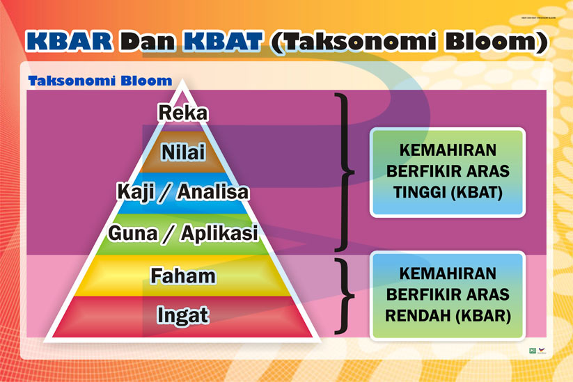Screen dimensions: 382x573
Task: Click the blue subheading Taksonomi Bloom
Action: pyautogui.click(x=100, y=81)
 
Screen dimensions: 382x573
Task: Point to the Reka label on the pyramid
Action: pyautogui.click(x=183, y=112)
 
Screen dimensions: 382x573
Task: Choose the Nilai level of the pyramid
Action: pyautogui.click(x=183, y=152)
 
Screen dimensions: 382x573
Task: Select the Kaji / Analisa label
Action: pyautogui.click(x=183, y=191)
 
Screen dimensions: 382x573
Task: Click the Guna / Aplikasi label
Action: pyautogui.click(x=183, y=234)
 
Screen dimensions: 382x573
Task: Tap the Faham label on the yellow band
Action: pyautogui.click(x=183, y=276)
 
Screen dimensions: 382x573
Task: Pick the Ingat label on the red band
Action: pyautogui.click(x=183, y=315)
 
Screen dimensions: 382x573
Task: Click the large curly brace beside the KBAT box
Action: pyautogui.click(x=343, y=171)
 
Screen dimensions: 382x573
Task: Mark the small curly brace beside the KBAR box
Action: pyautogui.click(x=343, y=295)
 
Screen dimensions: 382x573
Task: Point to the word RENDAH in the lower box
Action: pyautogui.click(x=417, y=316)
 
